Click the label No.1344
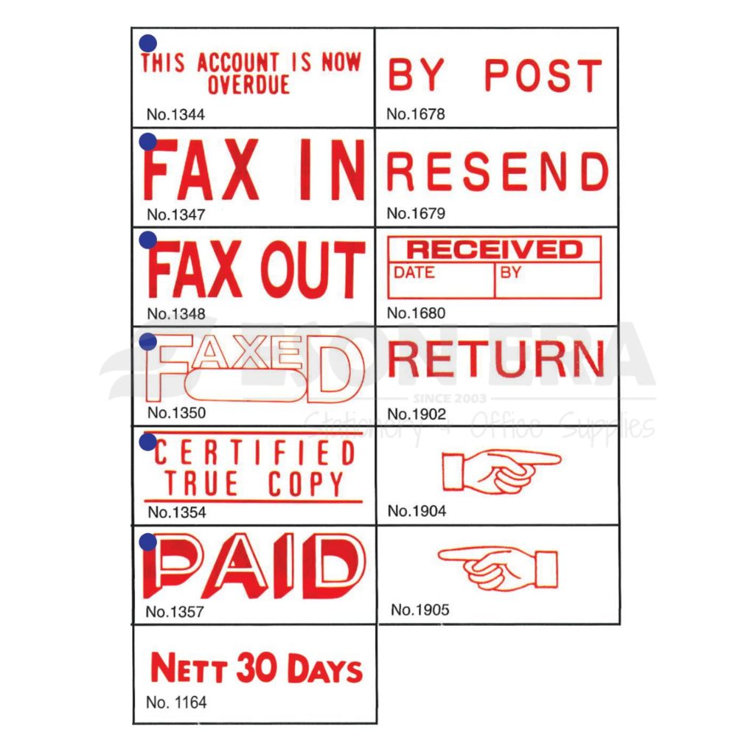tap(175, 114)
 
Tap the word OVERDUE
tap(248, 86)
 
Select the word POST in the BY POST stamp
tap(543, 75)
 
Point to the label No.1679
tap(416, 214)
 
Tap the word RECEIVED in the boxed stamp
tap(494, 248)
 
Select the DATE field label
tap(414, 273)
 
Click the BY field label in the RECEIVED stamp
tap(510, 273)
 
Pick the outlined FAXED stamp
tap(254, 368)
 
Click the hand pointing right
tap(501, 470)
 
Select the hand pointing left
tap(498, 568)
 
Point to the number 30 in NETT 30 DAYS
tap(257, 669)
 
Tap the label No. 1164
tap(176, 703)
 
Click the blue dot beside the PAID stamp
tap(147, 543)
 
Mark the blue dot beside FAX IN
tap(147, 142)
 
